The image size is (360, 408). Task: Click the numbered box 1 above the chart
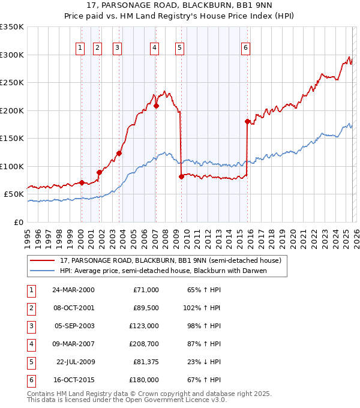[x=80, y=49]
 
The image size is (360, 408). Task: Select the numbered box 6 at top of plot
[x=245, y=49]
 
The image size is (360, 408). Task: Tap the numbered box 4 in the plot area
[x=154, y=49]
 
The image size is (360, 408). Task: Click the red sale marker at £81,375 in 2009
[x=181, y=176]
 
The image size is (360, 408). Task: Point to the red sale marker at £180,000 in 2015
[x=247, y=121]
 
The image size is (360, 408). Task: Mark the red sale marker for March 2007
[x=156, y=106]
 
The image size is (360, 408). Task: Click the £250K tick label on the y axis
[x=12, y=83]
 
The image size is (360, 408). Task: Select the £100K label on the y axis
[x=12, y=166]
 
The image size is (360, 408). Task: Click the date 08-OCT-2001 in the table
[x=73, y=308]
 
